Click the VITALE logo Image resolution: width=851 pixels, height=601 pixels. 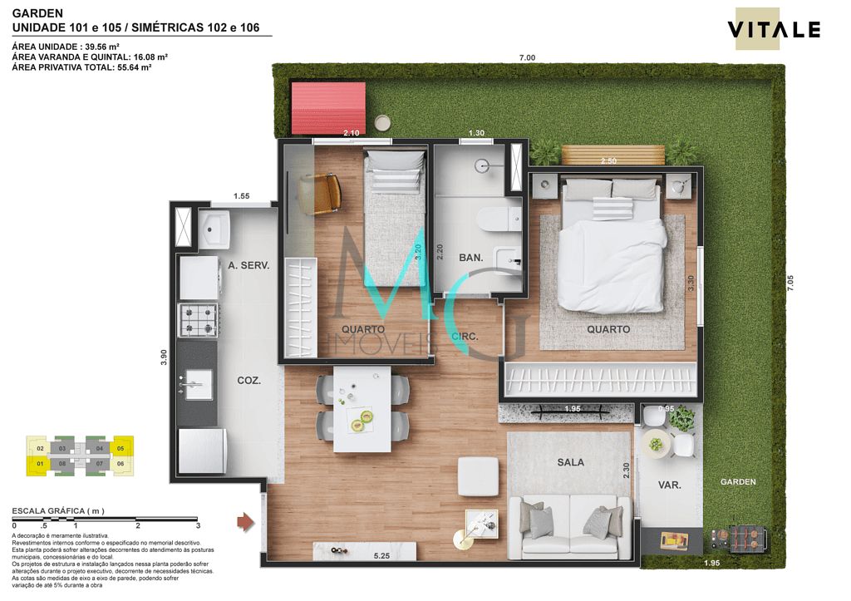pyautogui.click(x=774, y=30)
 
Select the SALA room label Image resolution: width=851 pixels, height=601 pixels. pyautogui.click(x=570, y=462)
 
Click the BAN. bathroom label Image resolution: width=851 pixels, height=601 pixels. pyautogui.click(x=471, y=258)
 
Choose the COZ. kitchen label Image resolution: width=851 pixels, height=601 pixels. pyautogui.click(x=248, y=380)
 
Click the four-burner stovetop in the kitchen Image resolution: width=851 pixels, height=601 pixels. pyautogui.click(x=199, y=319)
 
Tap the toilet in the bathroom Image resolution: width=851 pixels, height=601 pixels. pyautogui.click(x=496, y=219)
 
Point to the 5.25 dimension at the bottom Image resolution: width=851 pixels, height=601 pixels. pyautogui.click(x=382, y=555)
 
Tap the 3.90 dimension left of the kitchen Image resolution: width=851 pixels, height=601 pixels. pyautogui.click(x=164, y=357)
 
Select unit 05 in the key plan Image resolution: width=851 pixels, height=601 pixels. pyautogui.click(x=121, y=448)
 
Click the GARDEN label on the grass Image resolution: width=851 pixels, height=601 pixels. pyautogui.click(x=737, y=481)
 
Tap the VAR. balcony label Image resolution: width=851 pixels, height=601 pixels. pyautogui.click(x=669, y=485)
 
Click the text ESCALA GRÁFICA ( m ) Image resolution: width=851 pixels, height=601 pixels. pyautogui.click(x=57, y=510)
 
